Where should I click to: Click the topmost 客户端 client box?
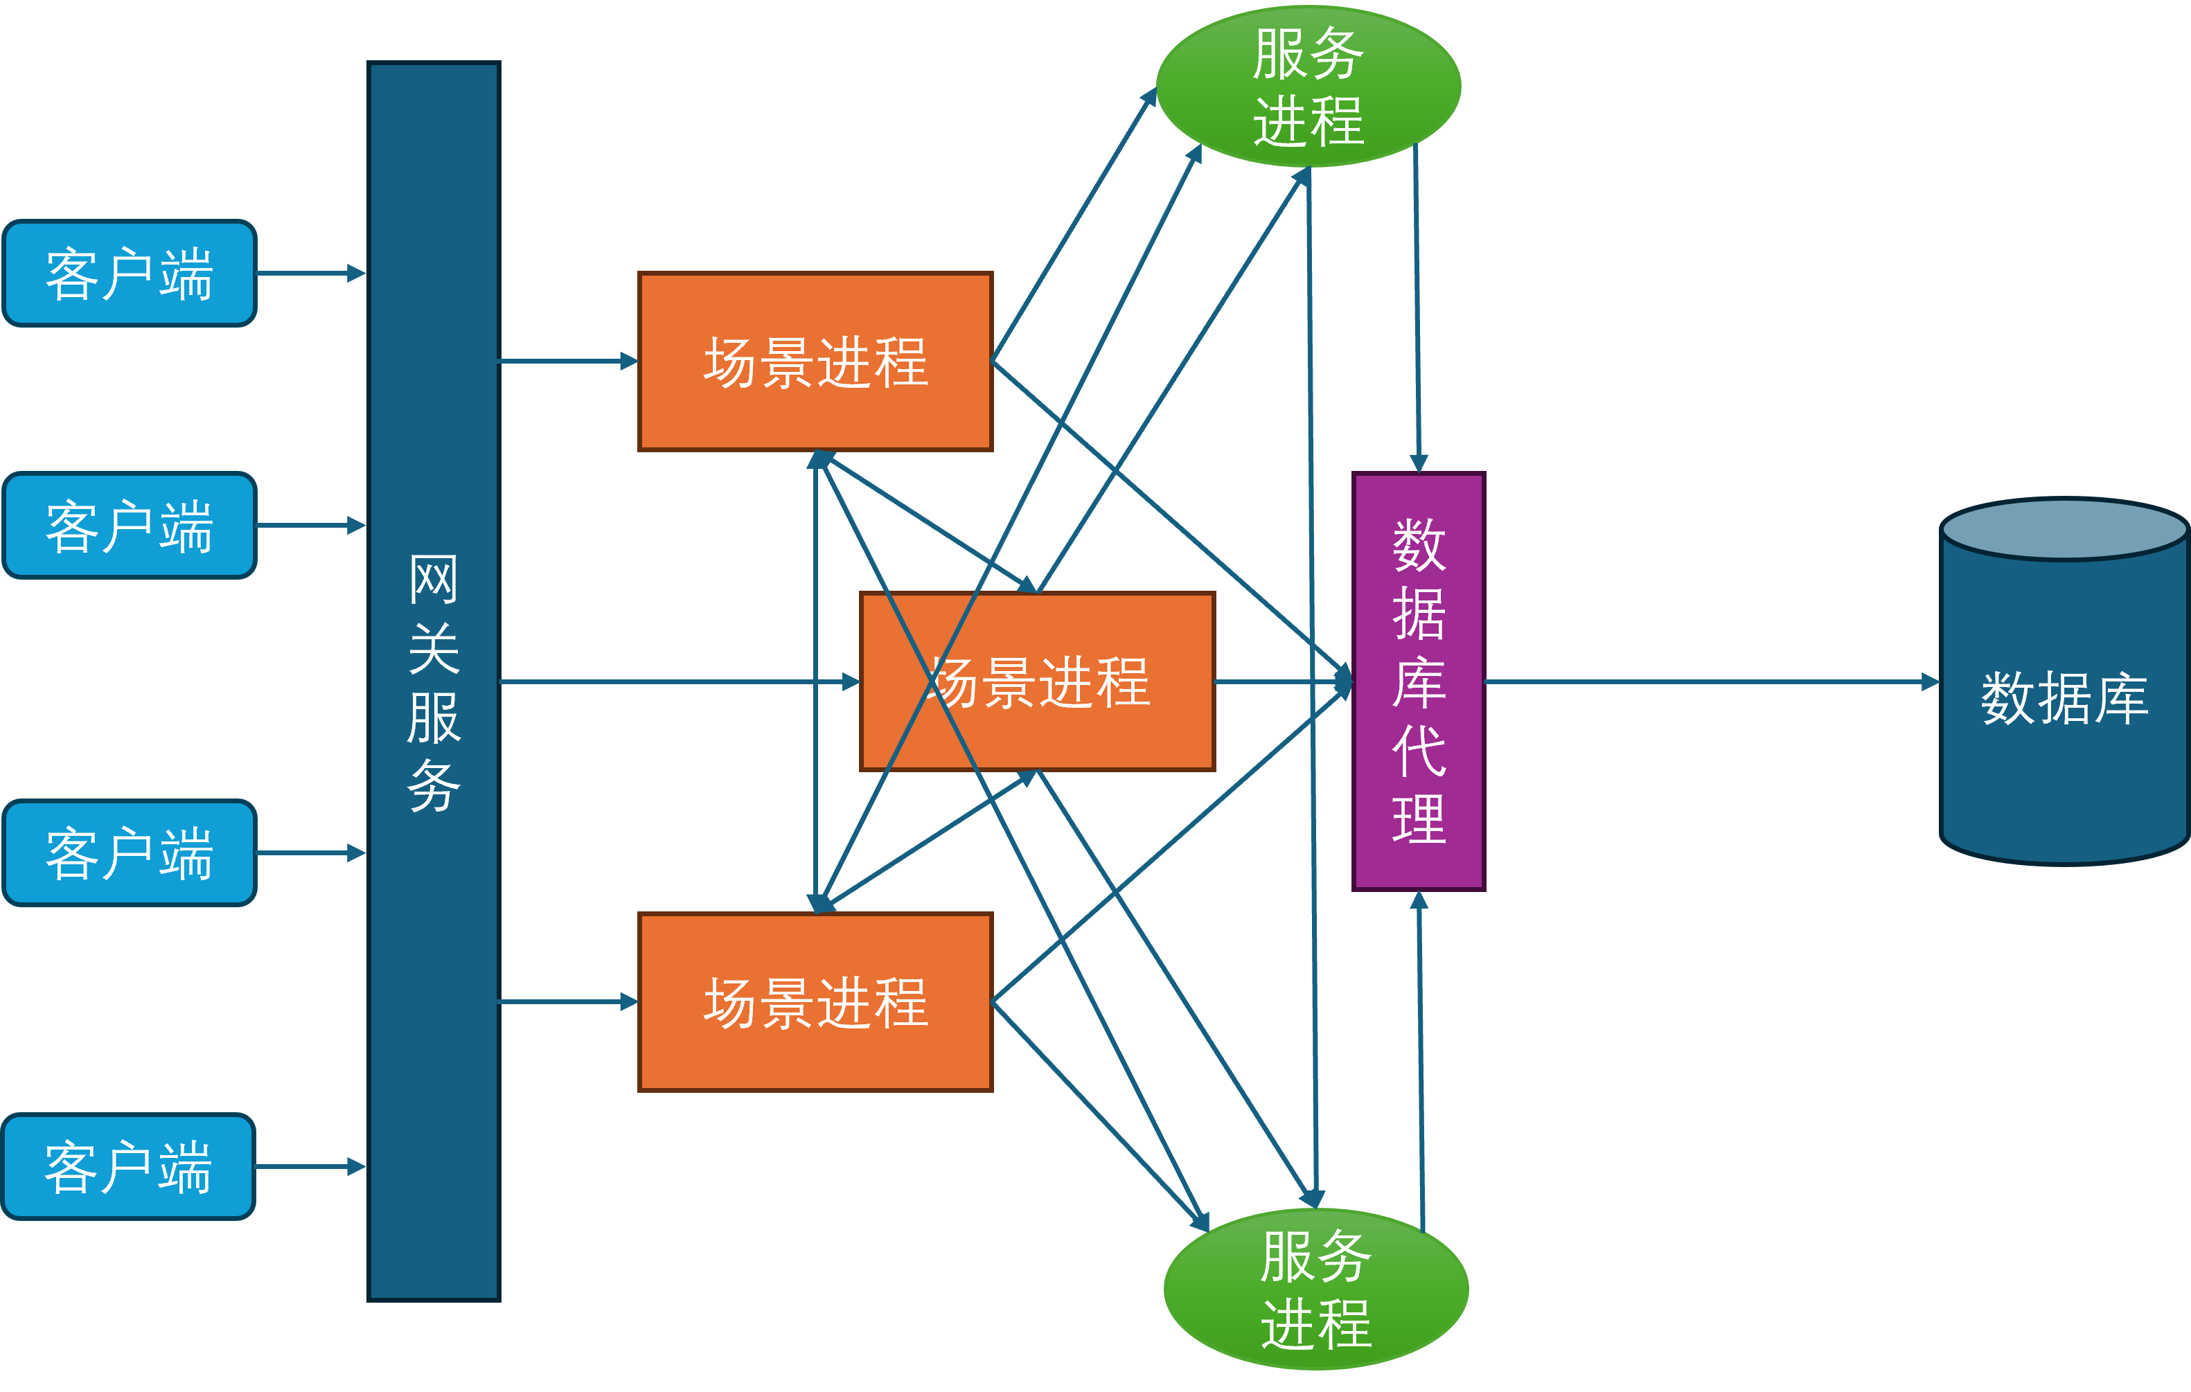[130, 273]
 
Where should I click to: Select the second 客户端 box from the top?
[130, 525]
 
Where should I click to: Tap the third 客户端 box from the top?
[130, 853]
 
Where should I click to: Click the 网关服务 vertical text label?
[433, 682]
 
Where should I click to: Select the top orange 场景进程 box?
[815, 362]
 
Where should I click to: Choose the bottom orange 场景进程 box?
[815, 1001]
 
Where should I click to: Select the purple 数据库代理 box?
[1419, 681]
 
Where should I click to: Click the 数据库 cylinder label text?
[2064, 699]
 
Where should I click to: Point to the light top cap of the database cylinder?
[2064, 528]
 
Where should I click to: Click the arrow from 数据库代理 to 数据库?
[1710, 681]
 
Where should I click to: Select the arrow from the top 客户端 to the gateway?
[310, 273]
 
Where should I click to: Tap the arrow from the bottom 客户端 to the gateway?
[310, 1166]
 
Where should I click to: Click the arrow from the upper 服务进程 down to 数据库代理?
[1417, 310]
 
